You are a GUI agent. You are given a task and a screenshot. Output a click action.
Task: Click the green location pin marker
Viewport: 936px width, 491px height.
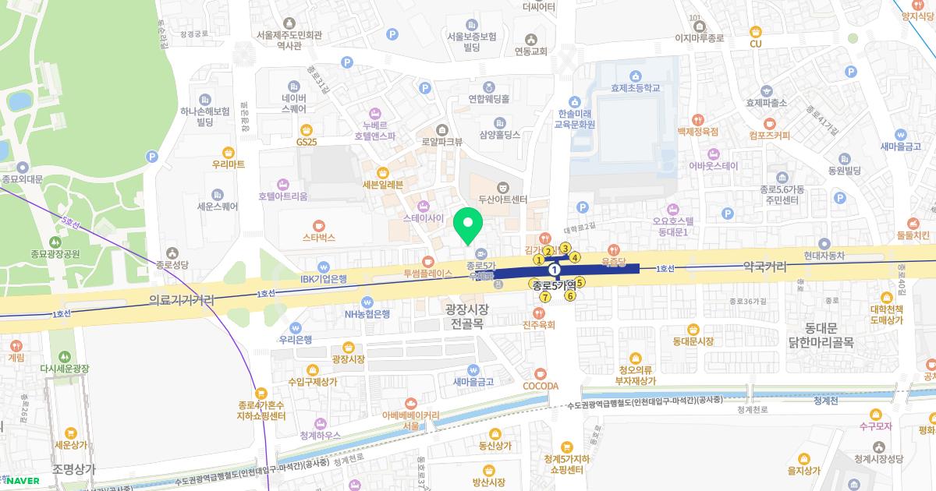(468, 225)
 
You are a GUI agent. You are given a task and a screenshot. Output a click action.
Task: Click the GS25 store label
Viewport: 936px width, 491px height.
(307, 142)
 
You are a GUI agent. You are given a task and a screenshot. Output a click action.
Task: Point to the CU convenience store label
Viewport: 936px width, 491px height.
(755, 44)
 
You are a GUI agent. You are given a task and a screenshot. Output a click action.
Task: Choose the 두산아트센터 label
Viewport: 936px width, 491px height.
(503, 199)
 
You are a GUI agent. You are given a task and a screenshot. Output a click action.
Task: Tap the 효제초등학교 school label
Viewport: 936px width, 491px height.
(636, 89)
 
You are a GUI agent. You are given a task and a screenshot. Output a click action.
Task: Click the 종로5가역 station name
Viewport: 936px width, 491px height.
(554, 285)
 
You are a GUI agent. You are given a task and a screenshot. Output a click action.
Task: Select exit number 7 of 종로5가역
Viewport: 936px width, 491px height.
(545, 297)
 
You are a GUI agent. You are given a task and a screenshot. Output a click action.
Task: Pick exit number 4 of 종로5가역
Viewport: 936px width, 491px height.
(575, 257)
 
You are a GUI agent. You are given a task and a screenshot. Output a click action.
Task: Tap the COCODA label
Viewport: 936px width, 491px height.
(541, 386)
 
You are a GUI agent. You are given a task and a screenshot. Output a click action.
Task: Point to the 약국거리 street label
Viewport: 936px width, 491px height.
(754, 267)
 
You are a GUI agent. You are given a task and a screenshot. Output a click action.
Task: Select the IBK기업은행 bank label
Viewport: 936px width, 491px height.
(323, 278)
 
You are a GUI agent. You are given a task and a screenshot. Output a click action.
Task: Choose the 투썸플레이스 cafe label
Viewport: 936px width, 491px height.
(427, 274)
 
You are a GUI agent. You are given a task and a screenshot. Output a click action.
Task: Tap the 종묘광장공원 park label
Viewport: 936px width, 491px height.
(55, 253)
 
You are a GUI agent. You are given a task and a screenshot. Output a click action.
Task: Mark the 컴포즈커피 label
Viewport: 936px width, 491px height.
(768, 135)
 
